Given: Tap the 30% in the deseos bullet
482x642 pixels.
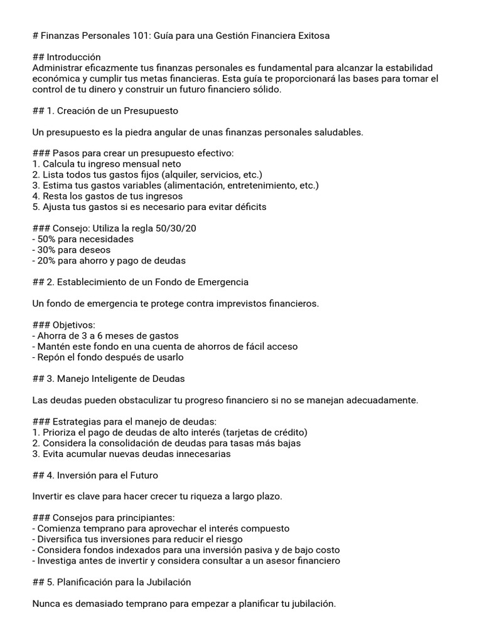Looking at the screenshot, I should pos(48,250).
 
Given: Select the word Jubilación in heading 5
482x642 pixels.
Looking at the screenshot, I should pos(164,582).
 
